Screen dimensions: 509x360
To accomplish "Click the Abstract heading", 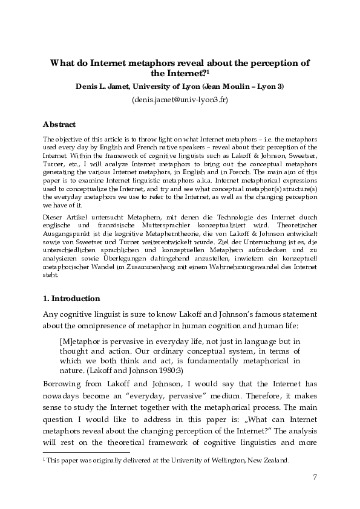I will coord(59,125).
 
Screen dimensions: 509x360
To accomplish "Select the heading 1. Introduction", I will coord(71,299).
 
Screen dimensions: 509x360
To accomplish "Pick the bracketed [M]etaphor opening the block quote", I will coord(80,341).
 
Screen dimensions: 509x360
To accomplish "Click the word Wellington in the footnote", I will coord(223,459).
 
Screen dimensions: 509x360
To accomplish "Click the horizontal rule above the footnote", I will coord(87,452).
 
